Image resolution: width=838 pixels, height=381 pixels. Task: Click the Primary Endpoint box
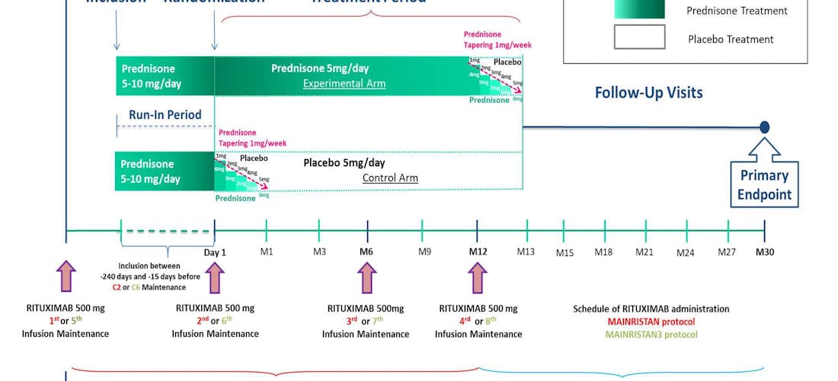(x=764, y=184)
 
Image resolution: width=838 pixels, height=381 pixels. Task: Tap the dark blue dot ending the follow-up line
(x=764, y=127)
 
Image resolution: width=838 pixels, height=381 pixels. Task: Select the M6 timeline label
(x=367, y=251)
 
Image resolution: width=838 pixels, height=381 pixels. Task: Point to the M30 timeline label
(x=764, y=251)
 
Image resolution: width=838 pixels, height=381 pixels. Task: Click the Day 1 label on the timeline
(x=214, y=251)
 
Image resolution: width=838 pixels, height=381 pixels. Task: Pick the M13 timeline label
(x=526, y=251)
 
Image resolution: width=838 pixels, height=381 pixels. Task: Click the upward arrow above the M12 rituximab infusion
(x=478, y=277)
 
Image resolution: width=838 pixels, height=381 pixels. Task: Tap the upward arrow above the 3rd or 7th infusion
(x=367, y=277)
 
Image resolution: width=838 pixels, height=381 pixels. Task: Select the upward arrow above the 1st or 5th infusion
(x=66, y=277)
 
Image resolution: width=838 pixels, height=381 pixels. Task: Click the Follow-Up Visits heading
(x=648, y=93)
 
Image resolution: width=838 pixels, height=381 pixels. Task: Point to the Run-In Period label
(x=165, y=115)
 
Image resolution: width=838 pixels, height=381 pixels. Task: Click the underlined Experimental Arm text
(x=344, y=84)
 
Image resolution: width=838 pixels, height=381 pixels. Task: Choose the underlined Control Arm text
(x=390, y=178)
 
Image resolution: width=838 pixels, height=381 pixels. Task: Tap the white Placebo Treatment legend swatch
(x=639, y=37)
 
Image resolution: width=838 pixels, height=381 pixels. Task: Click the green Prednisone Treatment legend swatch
(x=639, y=9)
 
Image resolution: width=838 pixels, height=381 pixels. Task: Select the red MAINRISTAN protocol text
(x=651, y=322)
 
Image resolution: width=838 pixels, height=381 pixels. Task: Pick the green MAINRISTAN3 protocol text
(x=651, y=334)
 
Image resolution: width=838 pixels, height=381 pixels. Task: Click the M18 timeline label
(x=603, y=252)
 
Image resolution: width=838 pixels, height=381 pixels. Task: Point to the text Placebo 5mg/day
(x=344, y=163)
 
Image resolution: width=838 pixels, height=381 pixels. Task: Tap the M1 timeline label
(x=267, y=251)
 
